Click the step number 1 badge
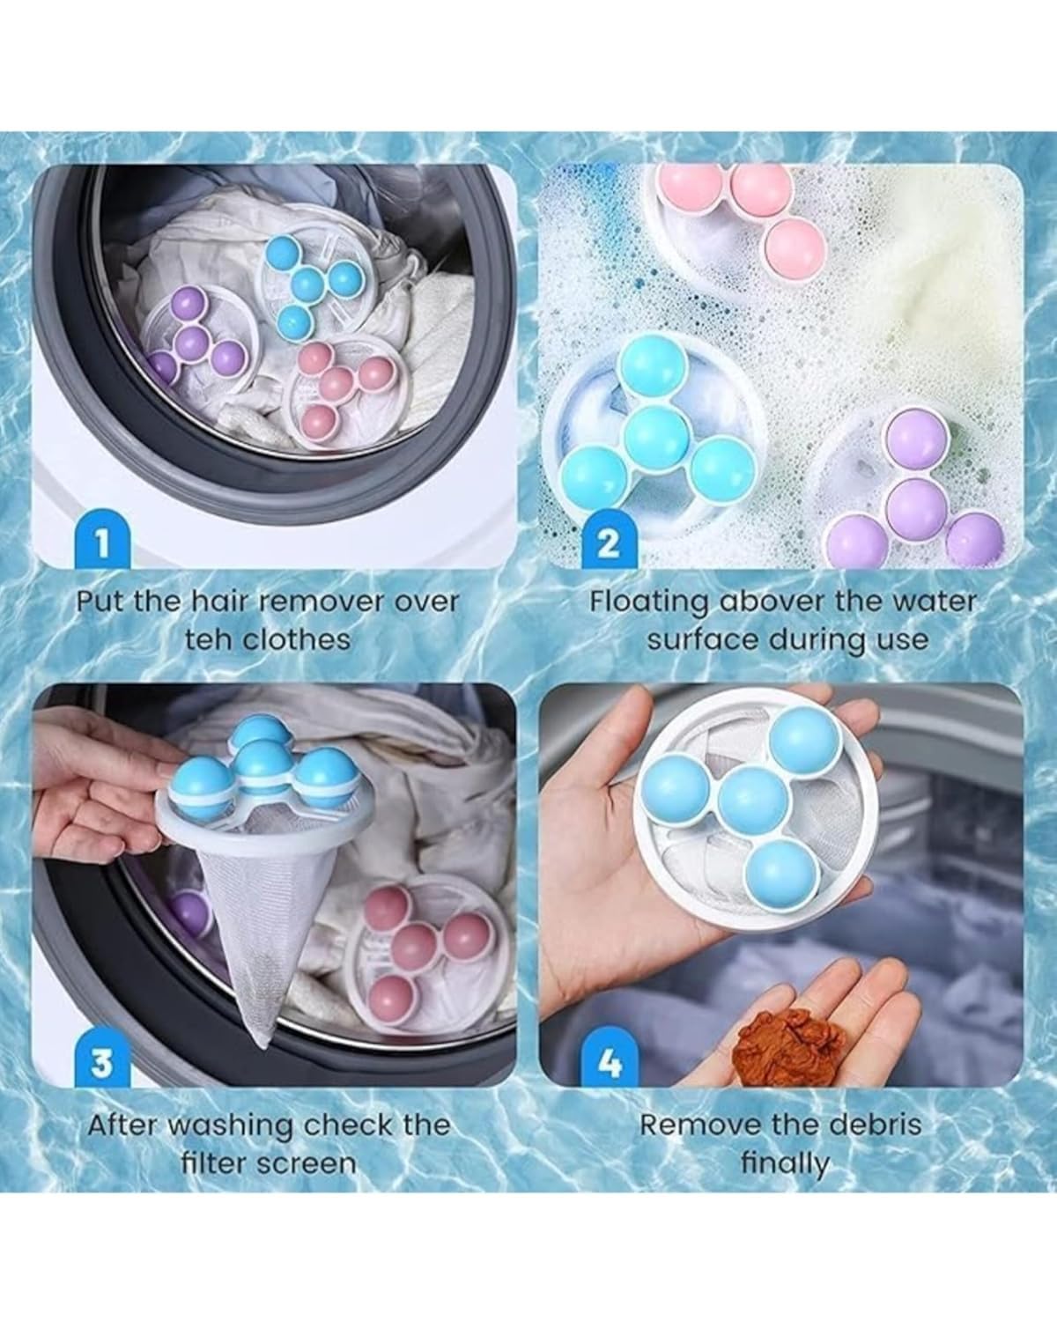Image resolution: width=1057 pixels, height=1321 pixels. point(102,542)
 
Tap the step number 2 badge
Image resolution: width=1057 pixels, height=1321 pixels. point(608,542)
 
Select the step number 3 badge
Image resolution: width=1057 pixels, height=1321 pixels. point(102,1059)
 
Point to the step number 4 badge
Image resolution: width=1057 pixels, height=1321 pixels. point(608,1059)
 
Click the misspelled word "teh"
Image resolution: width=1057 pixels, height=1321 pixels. point(210,640)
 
